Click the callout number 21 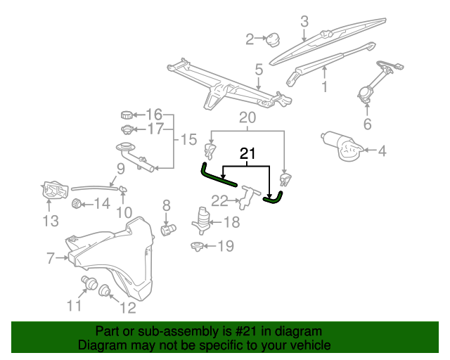tap(247, 153)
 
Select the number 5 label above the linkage tap(259, 70)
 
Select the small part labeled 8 tap(167, 229)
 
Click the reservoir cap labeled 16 tap(127, 115)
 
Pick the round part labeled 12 tap(105, 289)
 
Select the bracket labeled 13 tap(52, 190)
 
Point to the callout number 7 tap(51, 259)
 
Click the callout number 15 tap(188, 139)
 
